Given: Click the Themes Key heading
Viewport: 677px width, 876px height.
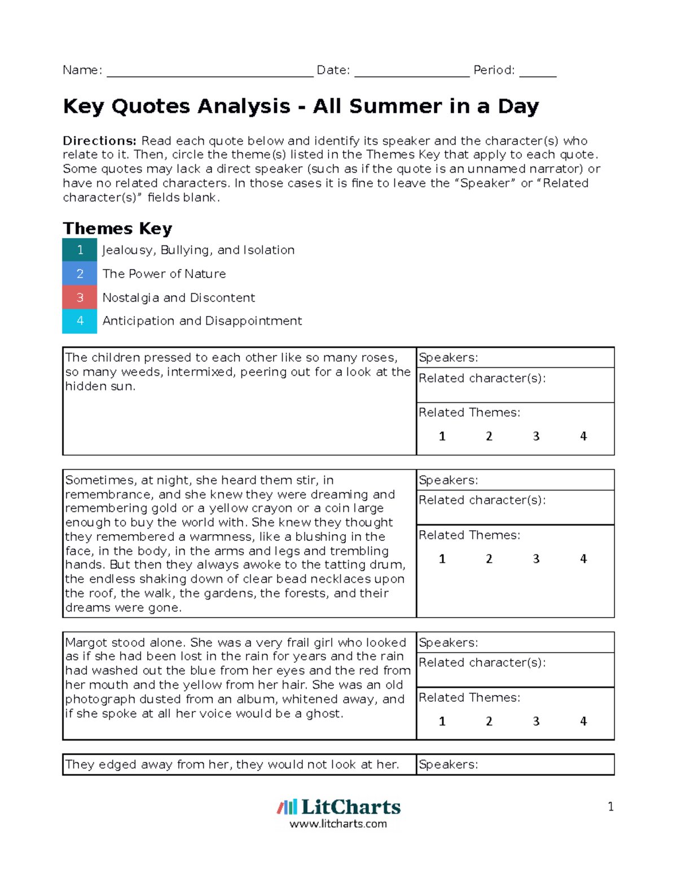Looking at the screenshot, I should point(117,228).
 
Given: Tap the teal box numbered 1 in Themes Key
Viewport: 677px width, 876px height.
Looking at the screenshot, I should point(80,250).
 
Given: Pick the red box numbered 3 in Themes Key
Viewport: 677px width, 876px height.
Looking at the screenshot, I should point(80,297).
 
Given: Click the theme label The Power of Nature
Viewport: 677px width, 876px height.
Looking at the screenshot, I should point(164,274).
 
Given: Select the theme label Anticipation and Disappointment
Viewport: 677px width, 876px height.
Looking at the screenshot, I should point(202,321).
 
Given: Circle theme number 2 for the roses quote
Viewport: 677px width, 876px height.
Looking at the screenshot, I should point(489,436).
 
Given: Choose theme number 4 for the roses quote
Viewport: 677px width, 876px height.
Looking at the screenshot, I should point(583,436).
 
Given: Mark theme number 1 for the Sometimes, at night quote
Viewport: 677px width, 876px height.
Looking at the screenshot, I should point(442,559).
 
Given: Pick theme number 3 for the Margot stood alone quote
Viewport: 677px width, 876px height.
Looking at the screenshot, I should point(536,721).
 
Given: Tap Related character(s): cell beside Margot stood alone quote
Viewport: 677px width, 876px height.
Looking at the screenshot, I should point(515,670).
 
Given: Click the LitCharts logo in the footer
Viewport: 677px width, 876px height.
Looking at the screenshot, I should point(338,807).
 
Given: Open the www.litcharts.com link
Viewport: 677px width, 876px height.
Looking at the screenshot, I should point(338,824).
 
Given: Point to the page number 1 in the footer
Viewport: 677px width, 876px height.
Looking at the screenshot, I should point(610,807).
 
